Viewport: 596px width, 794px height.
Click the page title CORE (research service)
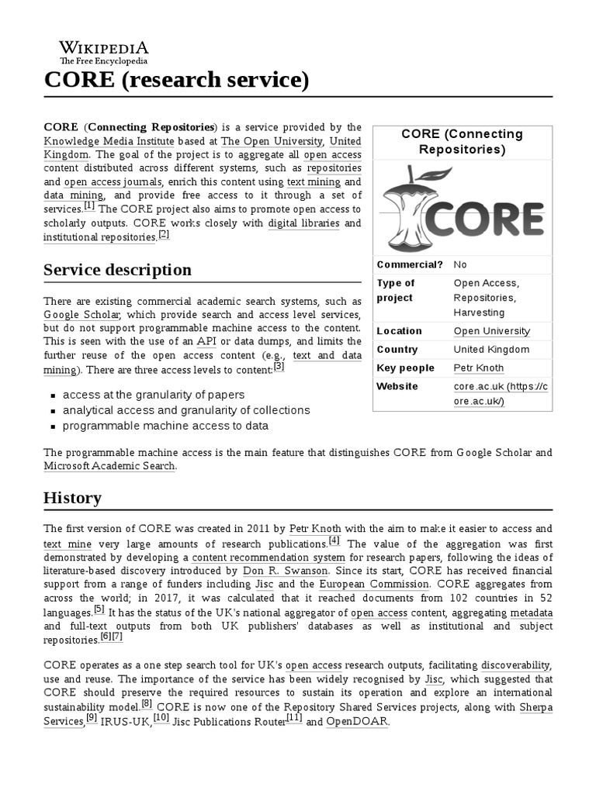pyautogui.click(x=175, y=79)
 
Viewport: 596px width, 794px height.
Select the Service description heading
pyautogui.click(x=117, y=270)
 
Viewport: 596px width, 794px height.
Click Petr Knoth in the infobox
pyautogui.click(x=478, y=368)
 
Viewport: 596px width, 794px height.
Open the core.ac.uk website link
pyautogui.click(x=500, y=393)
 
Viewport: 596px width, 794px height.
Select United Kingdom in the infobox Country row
pyautogui.click(x=491, y=349)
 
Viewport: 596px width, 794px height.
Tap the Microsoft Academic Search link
pyautogui.click(x=109, y=465)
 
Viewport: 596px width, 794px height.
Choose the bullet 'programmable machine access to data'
pyautogui.click(x=165, y=426)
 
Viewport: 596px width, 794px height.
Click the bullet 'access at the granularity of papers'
pyautogui.click(x=154, y=395)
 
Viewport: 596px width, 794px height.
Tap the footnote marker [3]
pyautogui.click(x=279, y=367)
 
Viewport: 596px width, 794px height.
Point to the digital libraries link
pyautogui.click(x=303, y=223)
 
